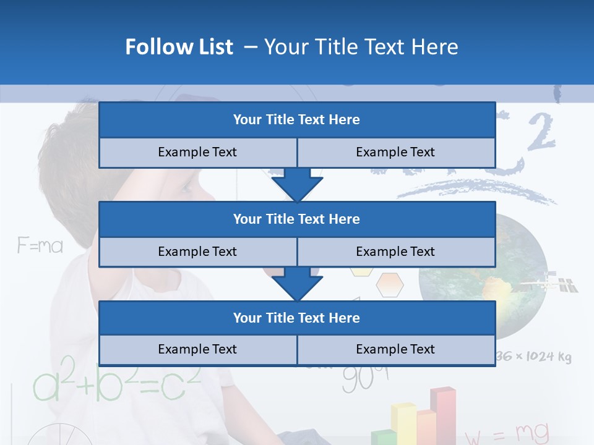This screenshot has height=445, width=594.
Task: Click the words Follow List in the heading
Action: pos(179,47)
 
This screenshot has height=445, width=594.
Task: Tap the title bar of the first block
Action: pos(296,120)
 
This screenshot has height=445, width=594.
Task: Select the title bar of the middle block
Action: pos(296,219)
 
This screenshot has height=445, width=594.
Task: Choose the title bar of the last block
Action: pos(296,318)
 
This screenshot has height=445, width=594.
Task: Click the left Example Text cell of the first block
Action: pos(197,152)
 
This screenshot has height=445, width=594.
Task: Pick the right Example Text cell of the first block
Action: pos(395,152)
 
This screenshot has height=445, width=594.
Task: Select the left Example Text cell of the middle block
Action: pos(197,252)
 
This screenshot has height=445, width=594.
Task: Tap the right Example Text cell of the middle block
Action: pos(395,252)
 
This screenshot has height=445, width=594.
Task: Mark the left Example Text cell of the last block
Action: pos(197,349)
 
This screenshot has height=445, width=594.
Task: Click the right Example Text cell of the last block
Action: pos(395,349)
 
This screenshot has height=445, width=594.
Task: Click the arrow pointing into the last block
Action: pos(297,285)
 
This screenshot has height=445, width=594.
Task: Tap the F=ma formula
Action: pos(40,246)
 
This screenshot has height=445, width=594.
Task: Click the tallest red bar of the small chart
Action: pos(443,414)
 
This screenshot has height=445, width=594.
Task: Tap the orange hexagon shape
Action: pos(389,284)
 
